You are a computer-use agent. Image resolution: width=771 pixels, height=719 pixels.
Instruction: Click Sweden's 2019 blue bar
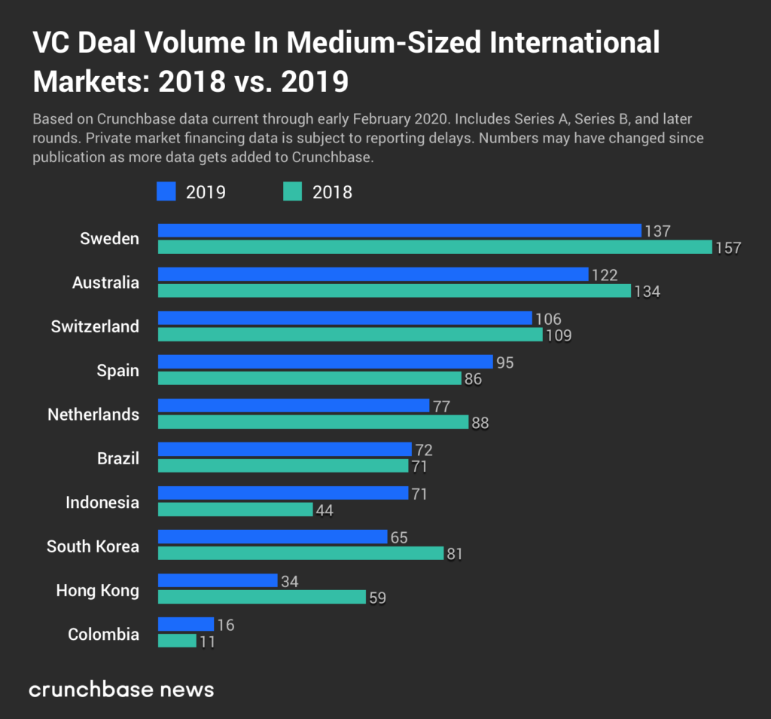click(399, 231)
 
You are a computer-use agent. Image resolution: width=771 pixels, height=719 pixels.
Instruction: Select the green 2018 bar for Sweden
click(434, 247)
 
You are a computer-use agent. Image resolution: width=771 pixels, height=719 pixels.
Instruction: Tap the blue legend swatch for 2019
click(166, 191)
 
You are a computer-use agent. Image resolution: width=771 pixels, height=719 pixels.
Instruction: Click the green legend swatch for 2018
click(293, 191)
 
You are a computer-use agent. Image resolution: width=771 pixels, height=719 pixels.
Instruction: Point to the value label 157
click(729, 248)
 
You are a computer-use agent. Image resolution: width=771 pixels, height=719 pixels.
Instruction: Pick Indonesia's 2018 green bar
click(235, 509)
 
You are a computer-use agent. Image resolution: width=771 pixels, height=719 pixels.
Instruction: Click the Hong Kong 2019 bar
click(218, 580)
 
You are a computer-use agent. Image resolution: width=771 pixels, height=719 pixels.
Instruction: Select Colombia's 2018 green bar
click(177, 641)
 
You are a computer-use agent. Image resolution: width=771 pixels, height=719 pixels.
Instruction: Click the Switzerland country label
click(95, 326)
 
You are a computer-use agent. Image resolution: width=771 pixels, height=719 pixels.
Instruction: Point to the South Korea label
click(93, 546)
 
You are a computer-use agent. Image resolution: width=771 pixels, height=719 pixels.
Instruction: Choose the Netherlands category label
click(93, 415)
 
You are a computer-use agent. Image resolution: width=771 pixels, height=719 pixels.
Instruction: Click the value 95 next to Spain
click(505, 363)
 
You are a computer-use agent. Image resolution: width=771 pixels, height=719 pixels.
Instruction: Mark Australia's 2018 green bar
click(394, 291)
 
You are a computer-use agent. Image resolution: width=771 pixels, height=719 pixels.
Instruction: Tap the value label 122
click(604, 275)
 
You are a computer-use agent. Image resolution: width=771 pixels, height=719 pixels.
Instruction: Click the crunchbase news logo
click(121, 689)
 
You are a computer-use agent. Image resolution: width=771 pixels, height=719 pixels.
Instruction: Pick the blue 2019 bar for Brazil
click(285, 449)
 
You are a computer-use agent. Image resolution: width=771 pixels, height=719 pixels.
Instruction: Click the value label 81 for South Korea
click(454, 554)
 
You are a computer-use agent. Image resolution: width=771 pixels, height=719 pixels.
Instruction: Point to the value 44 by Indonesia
click(324, 510)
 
